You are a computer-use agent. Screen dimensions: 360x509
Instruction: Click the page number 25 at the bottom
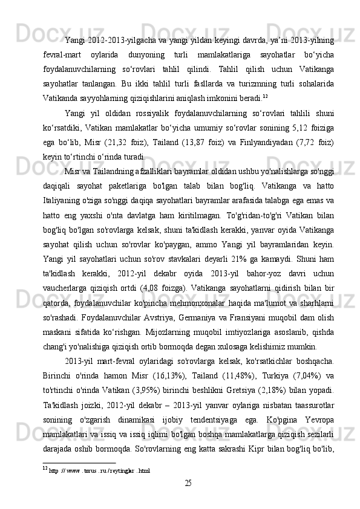tap(188, 483)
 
